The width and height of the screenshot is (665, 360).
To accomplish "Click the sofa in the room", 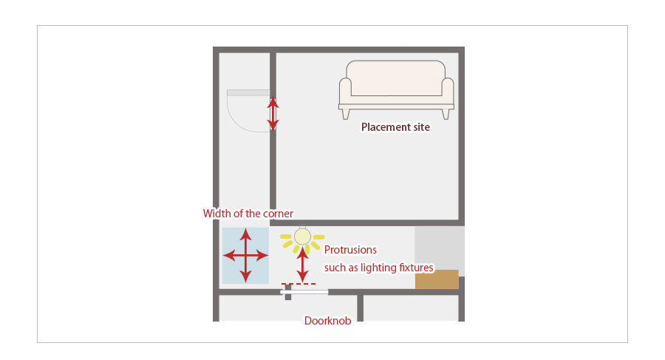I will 396,87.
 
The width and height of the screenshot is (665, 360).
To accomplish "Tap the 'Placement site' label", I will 395,127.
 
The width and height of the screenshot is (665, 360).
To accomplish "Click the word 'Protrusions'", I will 350,250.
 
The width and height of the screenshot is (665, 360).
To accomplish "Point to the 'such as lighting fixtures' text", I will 379,267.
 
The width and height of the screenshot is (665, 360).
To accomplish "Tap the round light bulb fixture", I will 301,236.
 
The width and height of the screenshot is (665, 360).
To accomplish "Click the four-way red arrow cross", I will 245,256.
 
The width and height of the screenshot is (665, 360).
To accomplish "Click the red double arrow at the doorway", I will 273,114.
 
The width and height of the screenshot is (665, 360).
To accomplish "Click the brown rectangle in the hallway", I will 437,279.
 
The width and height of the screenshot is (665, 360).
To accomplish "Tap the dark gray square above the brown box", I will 439,248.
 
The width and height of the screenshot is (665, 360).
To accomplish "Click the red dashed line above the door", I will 299,283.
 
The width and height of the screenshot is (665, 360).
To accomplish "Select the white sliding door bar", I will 304,292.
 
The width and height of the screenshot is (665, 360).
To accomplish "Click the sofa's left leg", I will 345,114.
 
